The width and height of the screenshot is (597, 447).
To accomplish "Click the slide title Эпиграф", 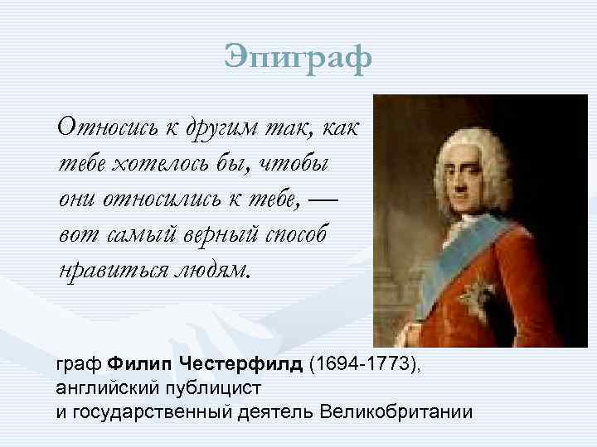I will (x=298, y=59).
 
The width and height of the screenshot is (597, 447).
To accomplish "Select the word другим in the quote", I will (x=206, y=130).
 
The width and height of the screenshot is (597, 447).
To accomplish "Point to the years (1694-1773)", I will (x=362, y=365).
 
